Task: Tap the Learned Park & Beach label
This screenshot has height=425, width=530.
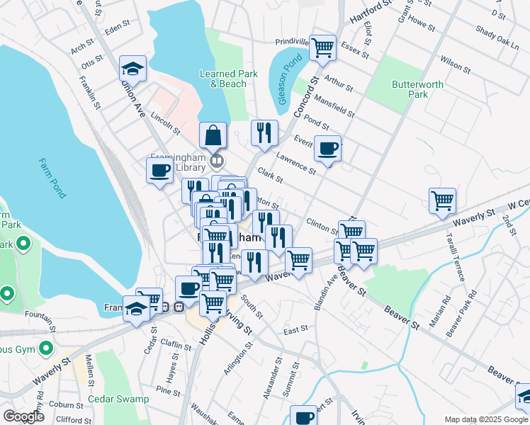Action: pyautogui.click(x=223, y=79)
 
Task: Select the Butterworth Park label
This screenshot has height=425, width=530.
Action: pyautogui.click(x=418, y=89)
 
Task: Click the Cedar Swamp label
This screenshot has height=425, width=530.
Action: pyautogui.click(x=118, y=399)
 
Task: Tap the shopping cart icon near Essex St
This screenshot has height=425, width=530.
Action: pyautogui.click(x=322, y=48)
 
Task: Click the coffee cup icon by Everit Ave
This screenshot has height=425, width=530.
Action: pyautogui.click(x=327, y=149)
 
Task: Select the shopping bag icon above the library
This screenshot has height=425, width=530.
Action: pyautogui.click(x=213, y=135)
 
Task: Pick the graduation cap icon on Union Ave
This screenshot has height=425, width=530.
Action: pyautogui.click(x=132, y=69)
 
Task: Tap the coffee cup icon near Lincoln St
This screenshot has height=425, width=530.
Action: pyautogui.click(x=159, y=171)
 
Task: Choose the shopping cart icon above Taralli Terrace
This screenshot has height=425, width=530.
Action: pyautogui.click(x=442, y=200)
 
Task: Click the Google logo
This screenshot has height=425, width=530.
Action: pyautogui.click(x=23, y=416)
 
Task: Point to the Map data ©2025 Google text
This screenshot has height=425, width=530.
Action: pyautogui.click(x=486, y=419)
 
